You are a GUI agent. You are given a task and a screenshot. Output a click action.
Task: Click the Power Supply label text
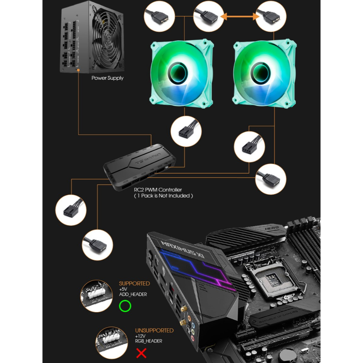click(x=107, y=78)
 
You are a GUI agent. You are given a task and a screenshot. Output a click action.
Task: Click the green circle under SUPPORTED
click(x=125, y=306)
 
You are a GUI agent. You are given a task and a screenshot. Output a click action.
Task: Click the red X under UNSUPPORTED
click(x=141, y=353)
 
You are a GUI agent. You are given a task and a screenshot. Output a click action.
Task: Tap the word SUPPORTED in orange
click(x=134, y=284)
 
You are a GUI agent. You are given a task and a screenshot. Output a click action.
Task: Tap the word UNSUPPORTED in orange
click(x=154, y=330)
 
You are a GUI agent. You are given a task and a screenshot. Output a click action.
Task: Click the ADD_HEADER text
click(x=133, y=295)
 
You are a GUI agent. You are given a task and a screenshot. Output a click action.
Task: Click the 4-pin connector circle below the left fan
click(x=186, y=132)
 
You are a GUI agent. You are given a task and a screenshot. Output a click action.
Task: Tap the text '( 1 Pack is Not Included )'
click(x=163, y=196)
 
